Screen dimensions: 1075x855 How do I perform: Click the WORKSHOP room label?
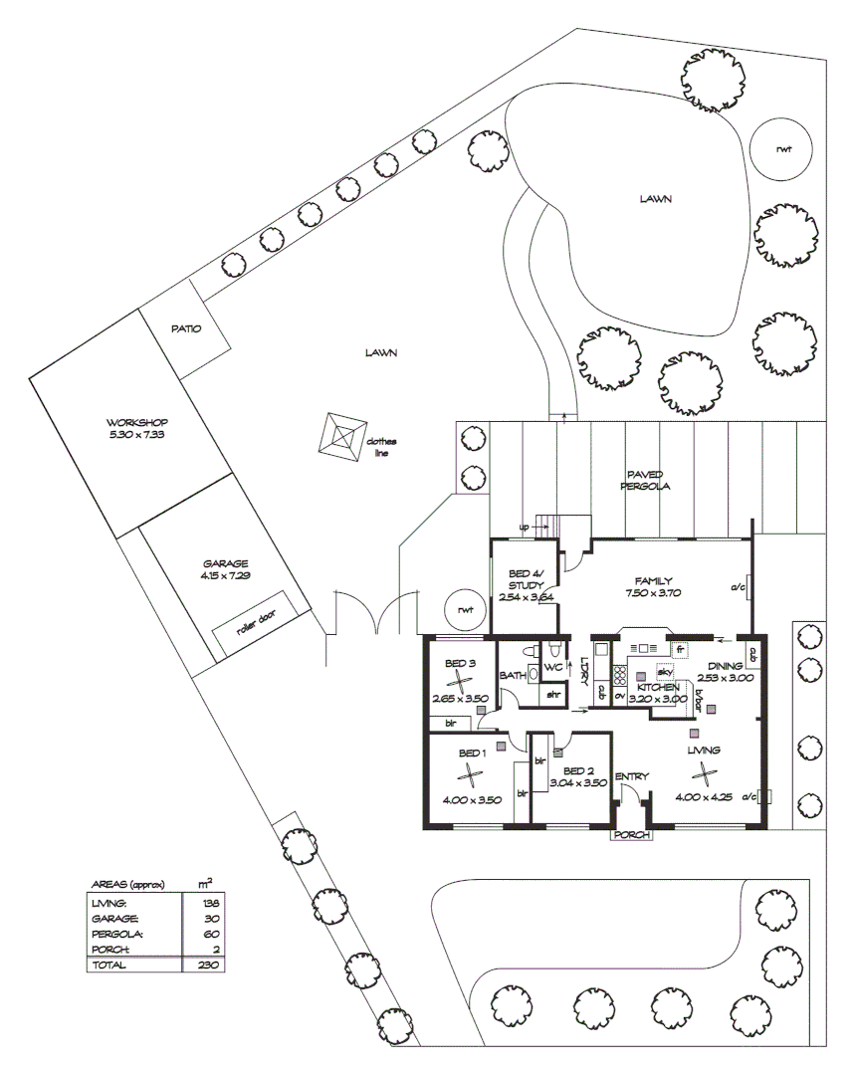pyautogui.click(x=137, y=422)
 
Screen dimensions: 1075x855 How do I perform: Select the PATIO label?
pyautogui.click(x=186, y=329)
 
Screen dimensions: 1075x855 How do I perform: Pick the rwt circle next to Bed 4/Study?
pyautogui.click(x=463, y=609)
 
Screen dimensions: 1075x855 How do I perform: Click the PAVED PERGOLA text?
pyautogui.click(x=645, y=481)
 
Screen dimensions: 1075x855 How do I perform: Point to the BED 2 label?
pyautogui.click(x=578, y=770)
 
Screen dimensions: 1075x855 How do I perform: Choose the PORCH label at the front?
pyautogui.click(x=632, y=835)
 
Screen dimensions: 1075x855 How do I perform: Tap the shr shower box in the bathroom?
pyautogui.click(x=554, y=694)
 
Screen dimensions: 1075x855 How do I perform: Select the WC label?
pyautogui.click(x=553, y=667)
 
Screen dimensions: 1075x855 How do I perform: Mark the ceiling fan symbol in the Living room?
pyautogui.click(x=705, y=772)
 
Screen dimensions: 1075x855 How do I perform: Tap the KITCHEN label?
pyautogui.click(x=658, y=687)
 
